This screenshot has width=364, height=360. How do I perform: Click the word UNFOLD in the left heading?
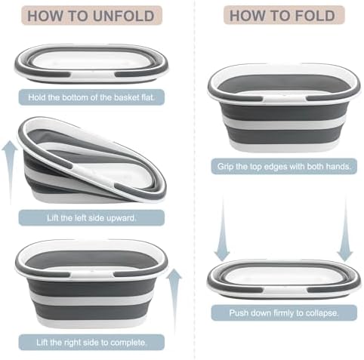(x=123, y=16)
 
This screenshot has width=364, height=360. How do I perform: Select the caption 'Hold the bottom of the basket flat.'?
(x=91, y=97)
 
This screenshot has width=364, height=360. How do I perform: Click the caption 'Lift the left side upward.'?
(x=91, y=218)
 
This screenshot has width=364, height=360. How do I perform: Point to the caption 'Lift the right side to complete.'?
(x=91, y=343)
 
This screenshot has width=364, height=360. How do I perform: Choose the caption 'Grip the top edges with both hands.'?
(x=284, y=167)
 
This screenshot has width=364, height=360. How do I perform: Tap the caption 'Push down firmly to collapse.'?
(x=284, y=313)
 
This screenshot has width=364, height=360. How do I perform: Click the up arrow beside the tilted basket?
(x=10, y=172)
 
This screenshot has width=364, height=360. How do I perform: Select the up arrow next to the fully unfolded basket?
(x=174, y=300)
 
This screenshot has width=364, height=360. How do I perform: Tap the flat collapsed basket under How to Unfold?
(x=91, y=63)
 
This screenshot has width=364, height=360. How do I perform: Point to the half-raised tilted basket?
(x=91, y=160)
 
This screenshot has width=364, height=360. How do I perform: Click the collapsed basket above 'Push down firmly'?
(x=284, y=278)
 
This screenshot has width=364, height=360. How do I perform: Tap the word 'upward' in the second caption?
(x=122, y=218)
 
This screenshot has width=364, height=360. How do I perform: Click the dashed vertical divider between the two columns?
(x=194, y=180)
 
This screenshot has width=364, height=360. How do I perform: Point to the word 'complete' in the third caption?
(x=128, y=343)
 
